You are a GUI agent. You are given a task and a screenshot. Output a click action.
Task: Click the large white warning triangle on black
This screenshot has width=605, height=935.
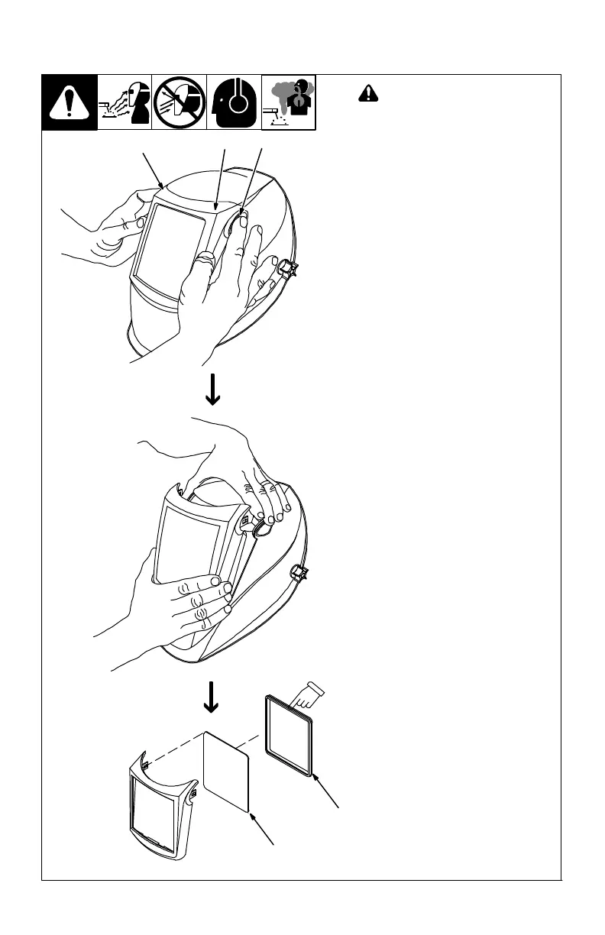coord(70,103)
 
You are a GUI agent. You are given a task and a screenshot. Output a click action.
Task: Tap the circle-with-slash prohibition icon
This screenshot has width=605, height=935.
coord(180,103)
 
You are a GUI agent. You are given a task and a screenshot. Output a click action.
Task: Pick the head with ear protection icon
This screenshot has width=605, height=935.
coord(235,103)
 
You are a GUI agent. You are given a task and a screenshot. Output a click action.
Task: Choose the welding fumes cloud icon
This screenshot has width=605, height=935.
coord(289,103)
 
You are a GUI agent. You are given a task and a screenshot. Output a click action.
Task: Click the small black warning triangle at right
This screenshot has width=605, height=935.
coord(368,94)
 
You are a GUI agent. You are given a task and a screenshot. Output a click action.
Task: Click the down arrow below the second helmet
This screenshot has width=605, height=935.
coord(212,697)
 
